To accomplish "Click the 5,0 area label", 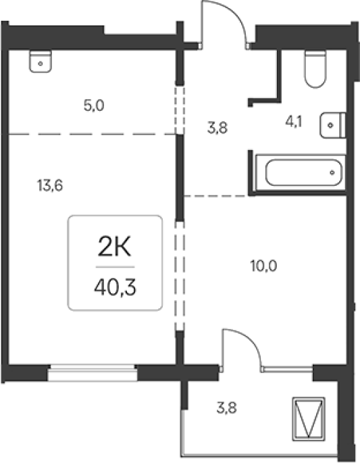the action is [94, 105].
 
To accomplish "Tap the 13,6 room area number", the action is [50, 186].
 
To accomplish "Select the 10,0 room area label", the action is [263, 266].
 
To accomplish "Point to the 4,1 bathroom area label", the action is [294, 122].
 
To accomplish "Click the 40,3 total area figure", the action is [115, 288].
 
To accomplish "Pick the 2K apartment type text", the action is [114, 247].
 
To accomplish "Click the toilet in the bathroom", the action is [315, 69].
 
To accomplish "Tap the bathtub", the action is [301, 172].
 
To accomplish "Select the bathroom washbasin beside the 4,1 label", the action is [332, 125].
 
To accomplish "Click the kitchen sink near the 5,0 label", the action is [41, 62].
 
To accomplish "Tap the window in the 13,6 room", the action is [93, 372].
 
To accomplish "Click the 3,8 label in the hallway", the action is [217, 128].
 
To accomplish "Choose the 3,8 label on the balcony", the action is [227, 408].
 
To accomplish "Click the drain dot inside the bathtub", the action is [332, 172].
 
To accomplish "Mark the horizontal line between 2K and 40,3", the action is [115, 267].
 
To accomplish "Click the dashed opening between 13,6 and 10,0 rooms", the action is [180, 276].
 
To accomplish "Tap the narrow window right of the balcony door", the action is [288, 368].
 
